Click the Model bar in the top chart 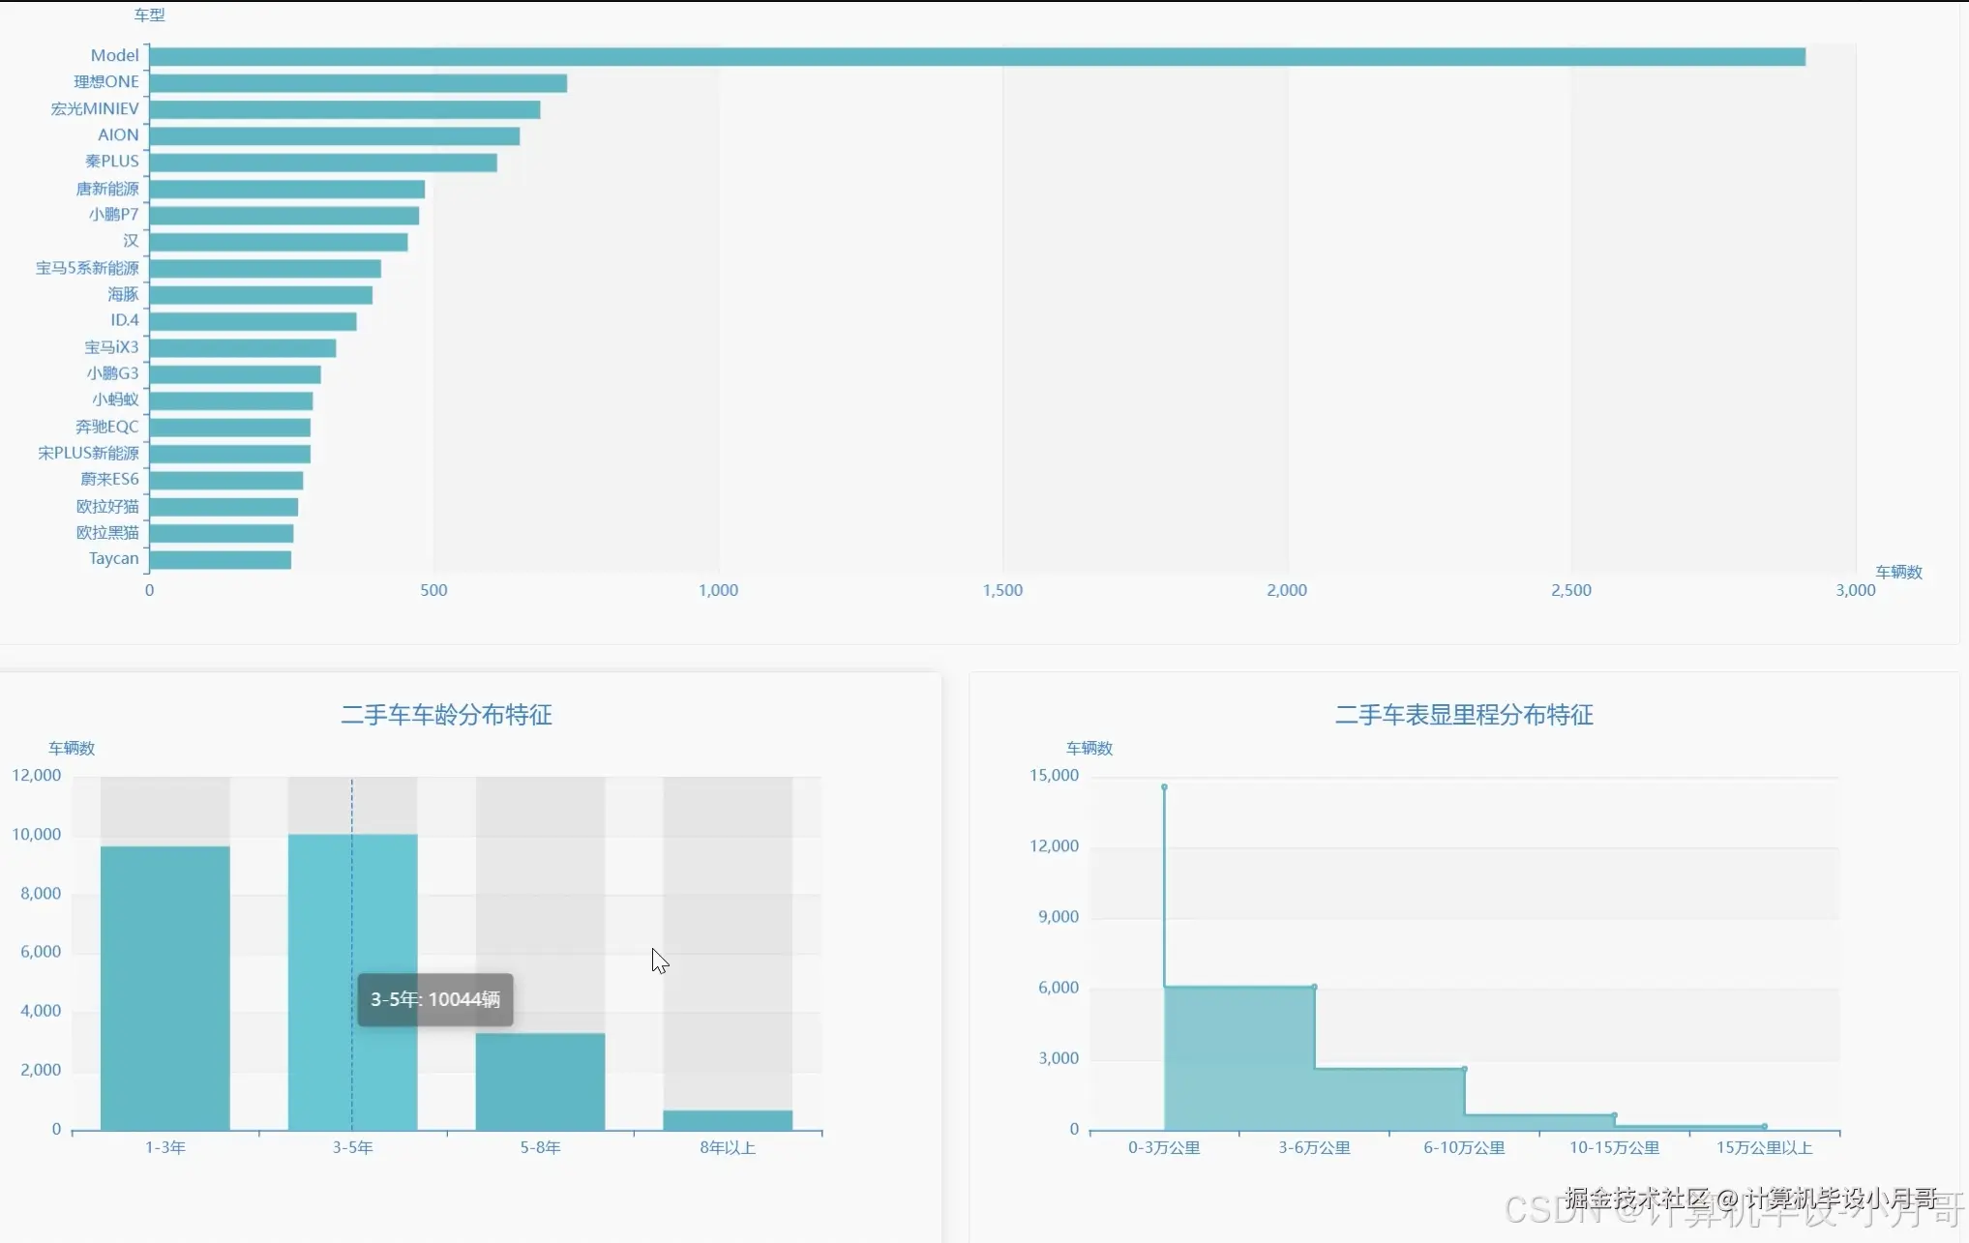point(977,57)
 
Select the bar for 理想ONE point(358,83)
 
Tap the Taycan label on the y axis point(113,559)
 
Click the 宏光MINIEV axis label point(95,109)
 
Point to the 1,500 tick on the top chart point(1002,590)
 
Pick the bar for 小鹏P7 point(284,216)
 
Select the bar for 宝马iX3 point(243,348)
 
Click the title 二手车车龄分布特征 point(446,715)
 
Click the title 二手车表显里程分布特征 point(1463,715)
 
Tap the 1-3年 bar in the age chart point(165,987)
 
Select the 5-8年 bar point(540,1081)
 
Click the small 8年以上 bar point(728,1120)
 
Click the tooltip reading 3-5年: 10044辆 point(435,1000)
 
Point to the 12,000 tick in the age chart point(37,776)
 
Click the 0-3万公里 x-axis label point(1164,1148)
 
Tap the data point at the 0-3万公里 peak point(1164,787)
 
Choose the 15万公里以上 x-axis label point(1764,1148)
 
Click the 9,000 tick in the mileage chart point(1059,917)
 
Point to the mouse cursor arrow point(659,960)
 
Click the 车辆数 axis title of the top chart point(1898,573)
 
